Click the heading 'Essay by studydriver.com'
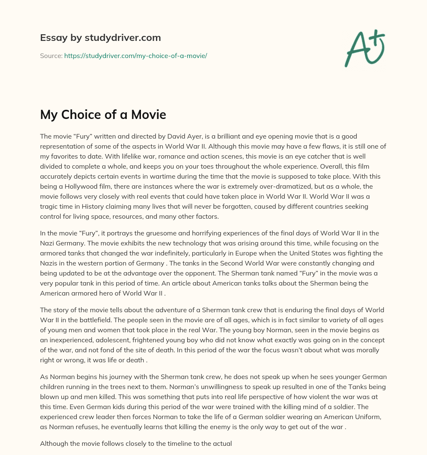pos(100,38)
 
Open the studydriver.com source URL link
pos(136,56)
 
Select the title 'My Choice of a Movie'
pos(103,115)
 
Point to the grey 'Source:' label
pos(51,56)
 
